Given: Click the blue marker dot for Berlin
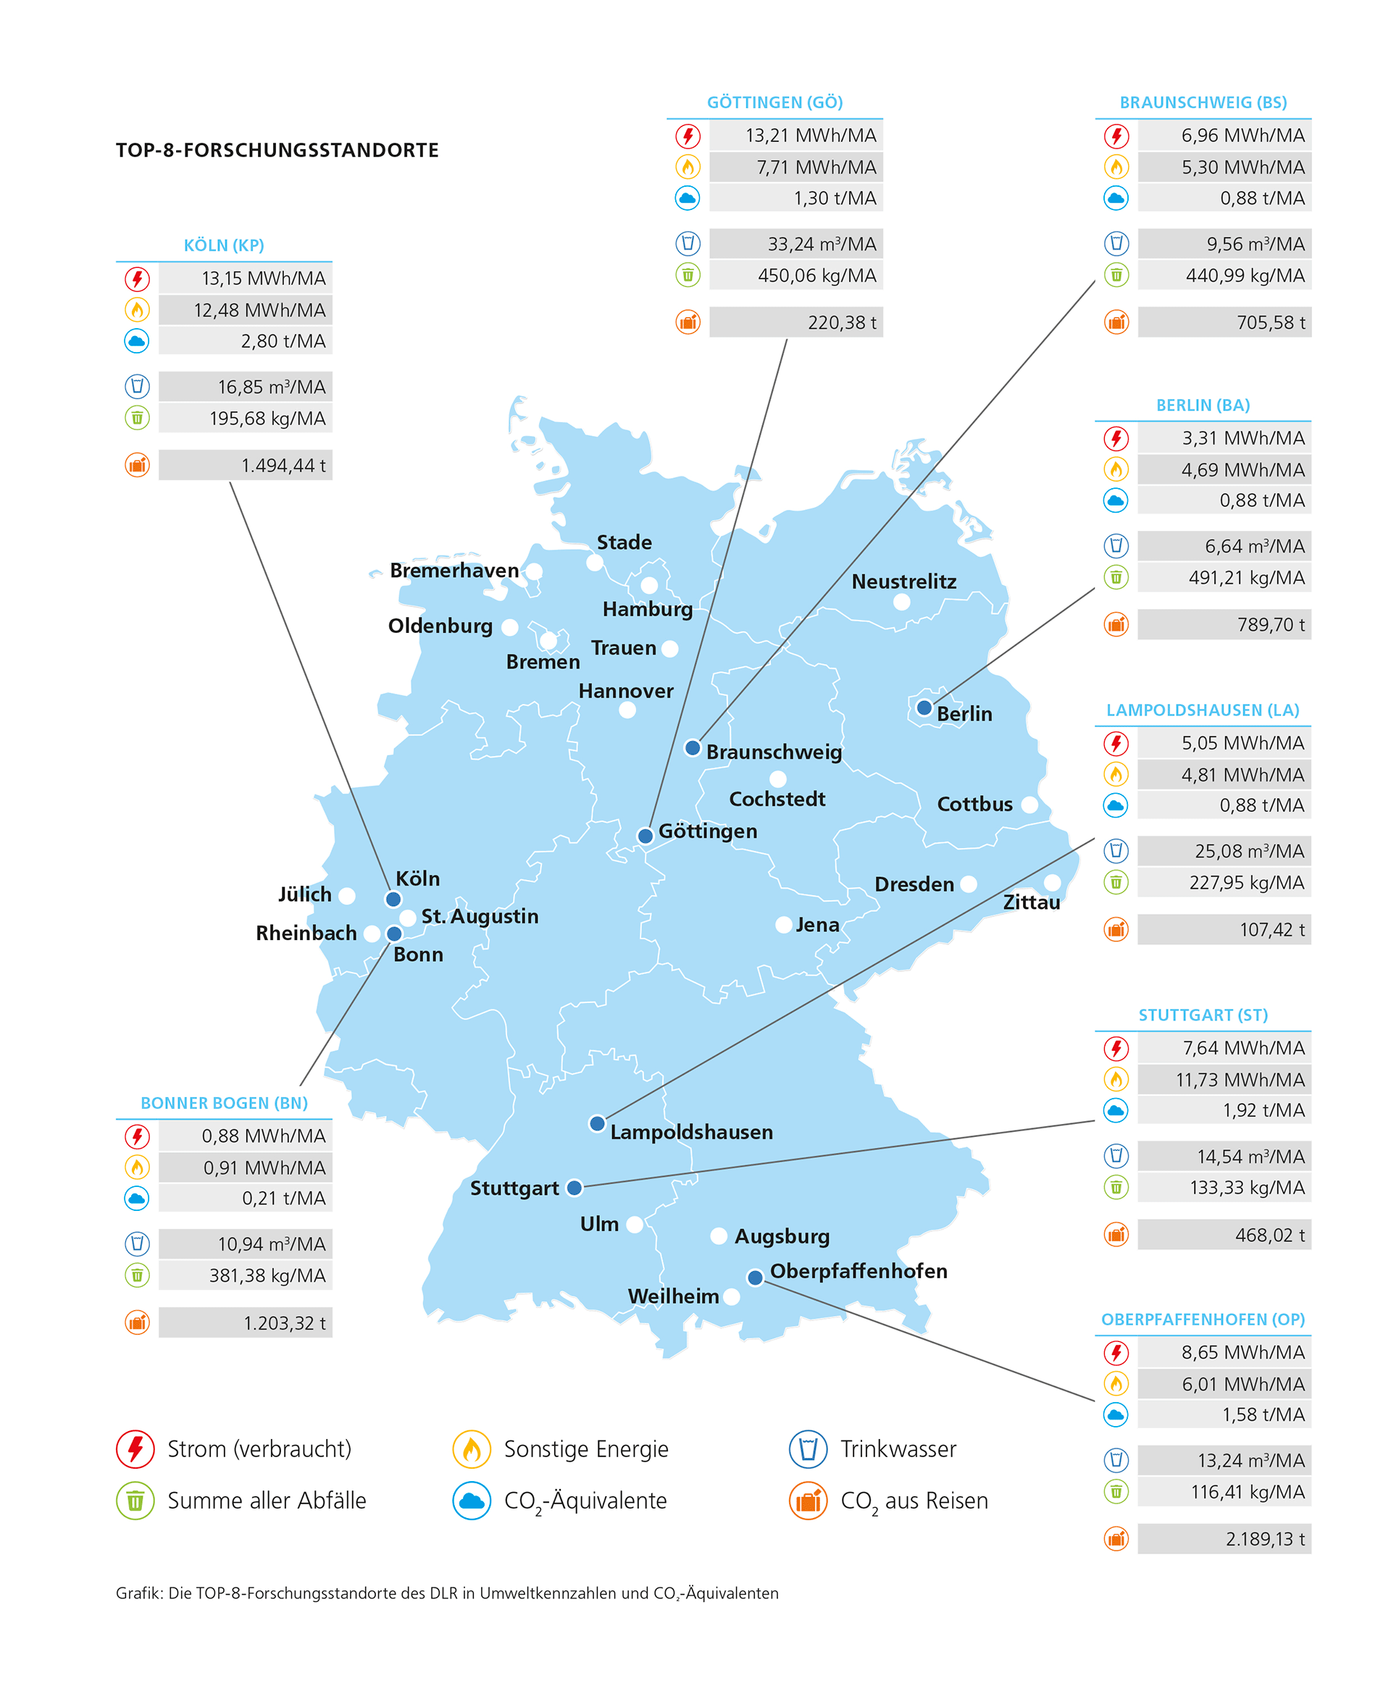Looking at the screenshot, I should [924, 708].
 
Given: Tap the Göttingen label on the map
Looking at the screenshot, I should [708, 831].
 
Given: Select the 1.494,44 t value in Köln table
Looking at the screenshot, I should [284, 466].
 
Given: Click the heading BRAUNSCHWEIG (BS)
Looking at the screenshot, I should [1203, 103].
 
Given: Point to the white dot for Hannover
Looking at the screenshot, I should [627, 710].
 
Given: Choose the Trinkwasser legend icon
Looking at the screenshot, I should [808, 1449].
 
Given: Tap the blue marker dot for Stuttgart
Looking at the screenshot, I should [575, 1188].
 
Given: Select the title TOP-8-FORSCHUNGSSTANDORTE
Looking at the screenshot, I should [277, 151].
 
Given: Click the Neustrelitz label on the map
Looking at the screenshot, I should [904, 582].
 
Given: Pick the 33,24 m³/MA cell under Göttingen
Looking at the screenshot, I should [822, 244].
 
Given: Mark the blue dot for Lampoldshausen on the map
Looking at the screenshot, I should [597, 1124].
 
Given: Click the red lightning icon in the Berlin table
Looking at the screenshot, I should [1116, 438].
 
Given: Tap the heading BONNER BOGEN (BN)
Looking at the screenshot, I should [225, 1103].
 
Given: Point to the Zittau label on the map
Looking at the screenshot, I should [1031, 903].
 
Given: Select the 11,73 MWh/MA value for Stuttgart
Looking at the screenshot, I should [1240, 1080].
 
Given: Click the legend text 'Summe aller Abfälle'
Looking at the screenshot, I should [267, 1501].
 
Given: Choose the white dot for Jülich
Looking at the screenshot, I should [347, 896].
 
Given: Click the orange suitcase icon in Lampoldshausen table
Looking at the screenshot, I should [1116, 929].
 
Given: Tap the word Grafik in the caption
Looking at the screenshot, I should [138, 1593].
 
